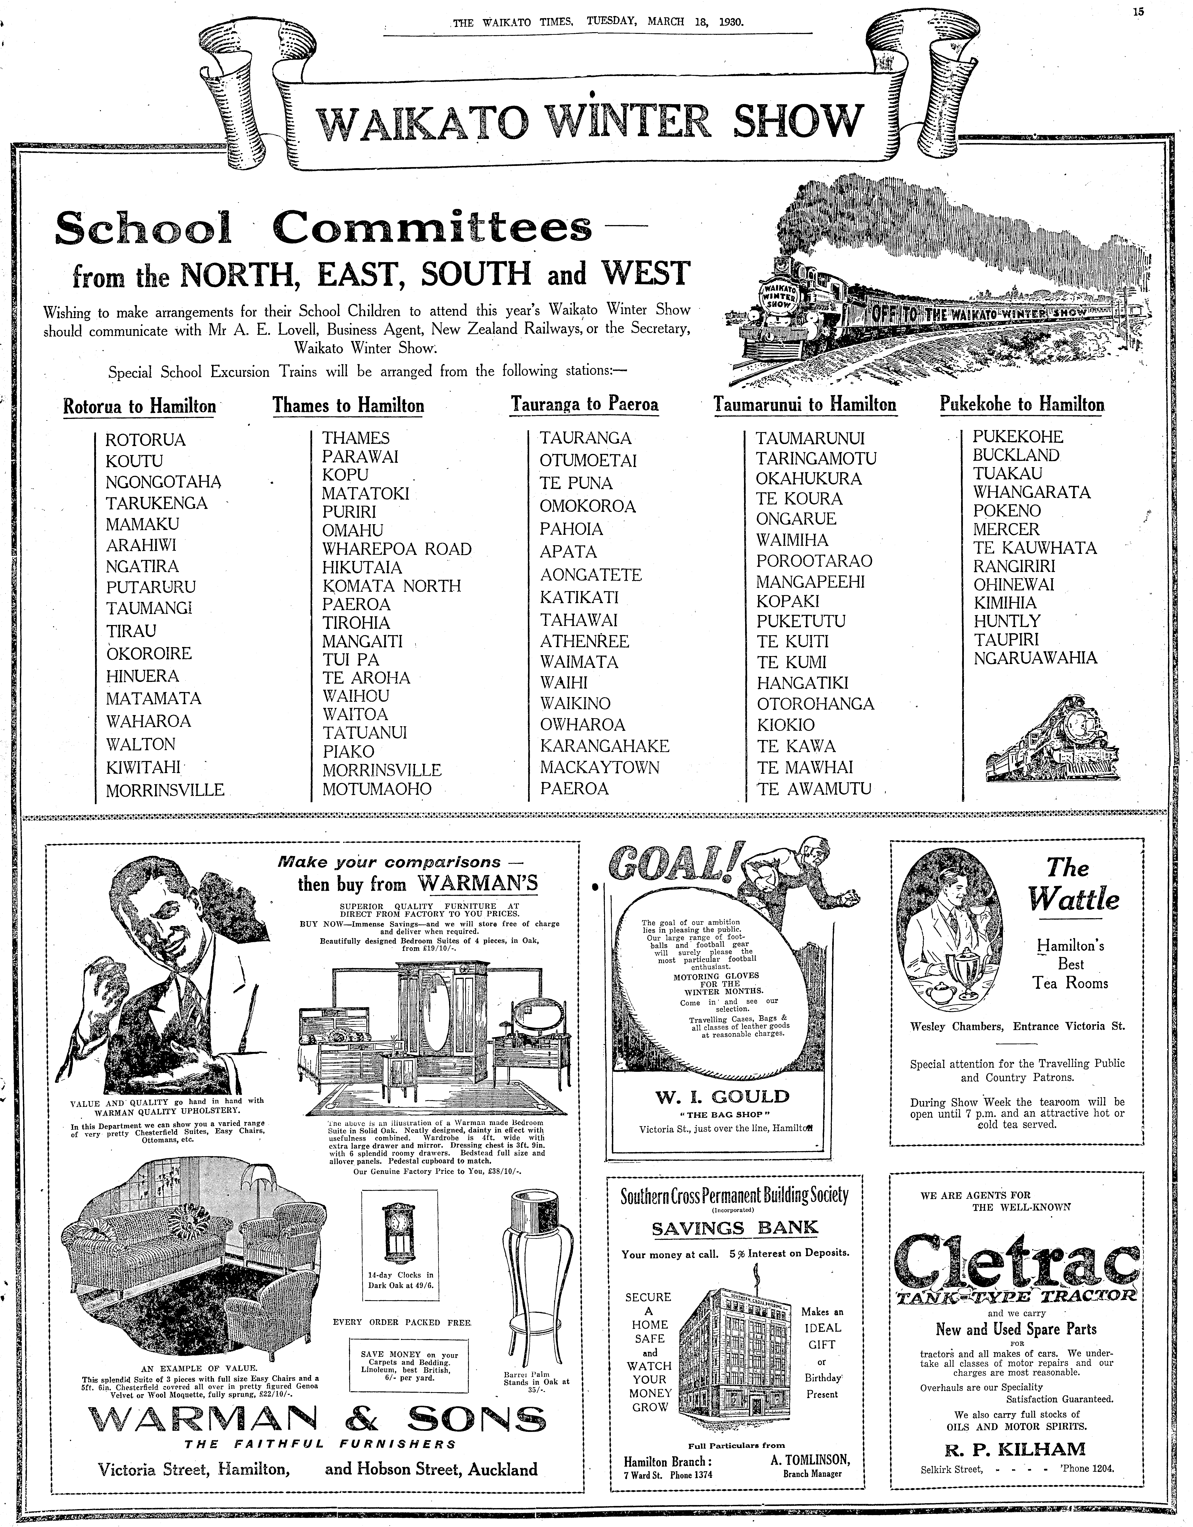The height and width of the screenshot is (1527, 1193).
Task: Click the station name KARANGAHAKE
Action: click(x=604, y=746)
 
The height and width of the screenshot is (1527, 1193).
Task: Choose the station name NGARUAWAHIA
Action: click(x=1035, y=658)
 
